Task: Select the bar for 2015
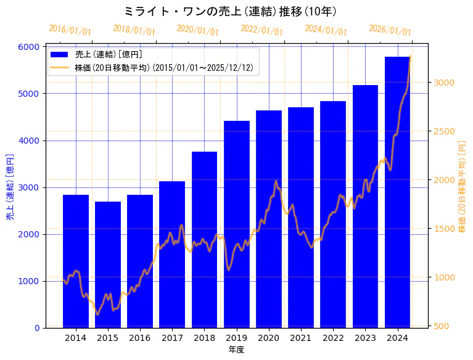tap(108, 265)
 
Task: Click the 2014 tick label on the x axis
tap(76, 338)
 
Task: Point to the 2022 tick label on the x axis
tap(333, 338)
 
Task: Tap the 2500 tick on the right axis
tap(444, 131)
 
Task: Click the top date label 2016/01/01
tap(70, 30)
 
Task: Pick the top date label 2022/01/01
tap(261, 30)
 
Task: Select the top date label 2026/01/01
tap(390, 30)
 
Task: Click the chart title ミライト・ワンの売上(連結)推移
tap(230, 12)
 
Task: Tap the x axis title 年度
tap(236, 350)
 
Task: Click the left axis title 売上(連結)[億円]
tap(10, 187)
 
